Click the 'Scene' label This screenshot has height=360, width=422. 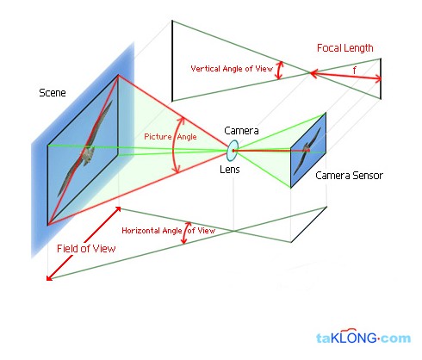53,93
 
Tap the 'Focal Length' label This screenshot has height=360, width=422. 344,48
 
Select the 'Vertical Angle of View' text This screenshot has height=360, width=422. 232,69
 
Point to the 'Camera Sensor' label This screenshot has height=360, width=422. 349,175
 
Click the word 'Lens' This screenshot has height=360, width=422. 230,170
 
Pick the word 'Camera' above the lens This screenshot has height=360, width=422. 241,131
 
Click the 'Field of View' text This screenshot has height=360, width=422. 86,248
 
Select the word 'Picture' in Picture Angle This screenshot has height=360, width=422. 158,136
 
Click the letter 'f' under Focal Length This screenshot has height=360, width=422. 355,70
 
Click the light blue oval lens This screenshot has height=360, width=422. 233,151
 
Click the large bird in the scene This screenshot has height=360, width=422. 85,148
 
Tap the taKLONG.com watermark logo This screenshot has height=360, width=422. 363,337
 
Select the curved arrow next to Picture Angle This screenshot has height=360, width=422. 173,145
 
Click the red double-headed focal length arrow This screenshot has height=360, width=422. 345,75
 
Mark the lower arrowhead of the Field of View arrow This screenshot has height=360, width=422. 49,277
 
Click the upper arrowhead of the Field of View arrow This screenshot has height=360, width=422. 118,209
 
